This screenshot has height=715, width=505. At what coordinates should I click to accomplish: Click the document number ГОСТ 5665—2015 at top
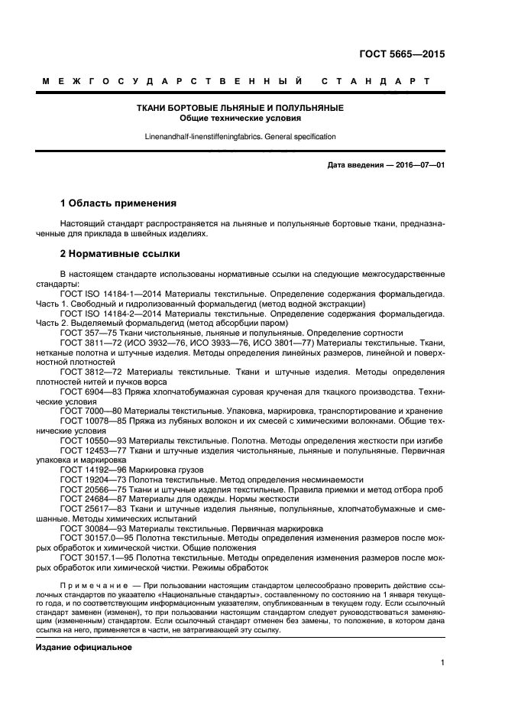point(402,54)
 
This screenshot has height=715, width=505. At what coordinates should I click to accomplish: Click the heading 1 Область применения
point(118,203)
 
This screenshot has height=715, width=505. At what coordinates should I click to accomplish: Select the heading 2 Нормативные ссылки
point(120,253)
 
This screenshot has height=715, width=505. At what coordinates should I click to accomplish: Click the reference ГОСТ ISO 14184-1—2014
point(108,294)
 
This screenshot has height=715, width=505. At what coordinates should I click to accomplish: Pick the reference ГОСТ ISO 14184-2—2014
point(108,314)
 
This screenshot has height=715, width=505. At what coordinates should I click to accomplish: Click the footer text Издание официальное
point(84,647)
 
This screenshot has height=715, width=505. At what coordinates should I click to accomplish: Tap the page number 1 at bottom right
point(442,664)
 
